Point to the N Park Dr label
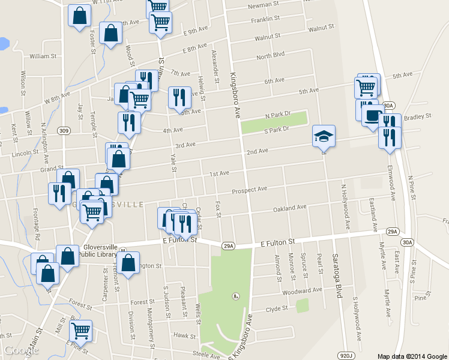(x=278, y=114)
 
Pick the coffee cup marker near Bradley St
(x=372, y=115)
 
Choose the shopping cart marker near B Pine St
(x=80, y=329)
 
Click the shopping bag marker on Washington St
(x=128, y=263)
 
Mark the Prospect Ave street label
(x=249, y=190)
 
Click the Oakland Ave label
(x=289, y=208)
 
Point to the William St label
(x=43, y=56)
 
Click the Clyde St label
(x=277, y=309)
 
